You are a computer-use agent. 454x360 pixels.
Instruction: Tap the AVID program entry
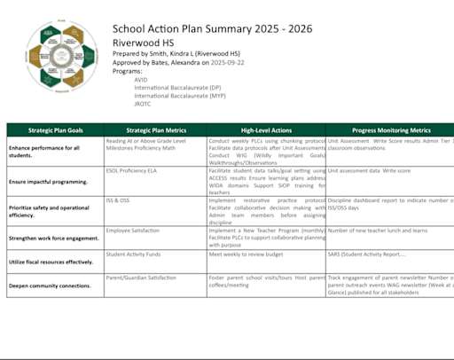coord(141,79)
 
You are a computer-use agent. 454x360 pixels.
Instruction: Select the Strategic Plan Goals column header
coord(55,129)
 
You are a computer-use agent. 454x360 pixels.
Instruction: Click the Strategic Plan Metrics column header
coord(154,129)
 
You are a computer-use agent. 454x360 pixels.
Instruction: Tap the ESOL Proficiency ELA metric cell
coord(131,169)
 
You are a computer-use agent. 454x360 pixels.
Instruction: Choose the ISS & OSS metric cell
coord(118,200)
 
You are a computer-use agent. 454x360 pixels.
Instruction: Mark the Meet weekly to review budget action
coord(247,254)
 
